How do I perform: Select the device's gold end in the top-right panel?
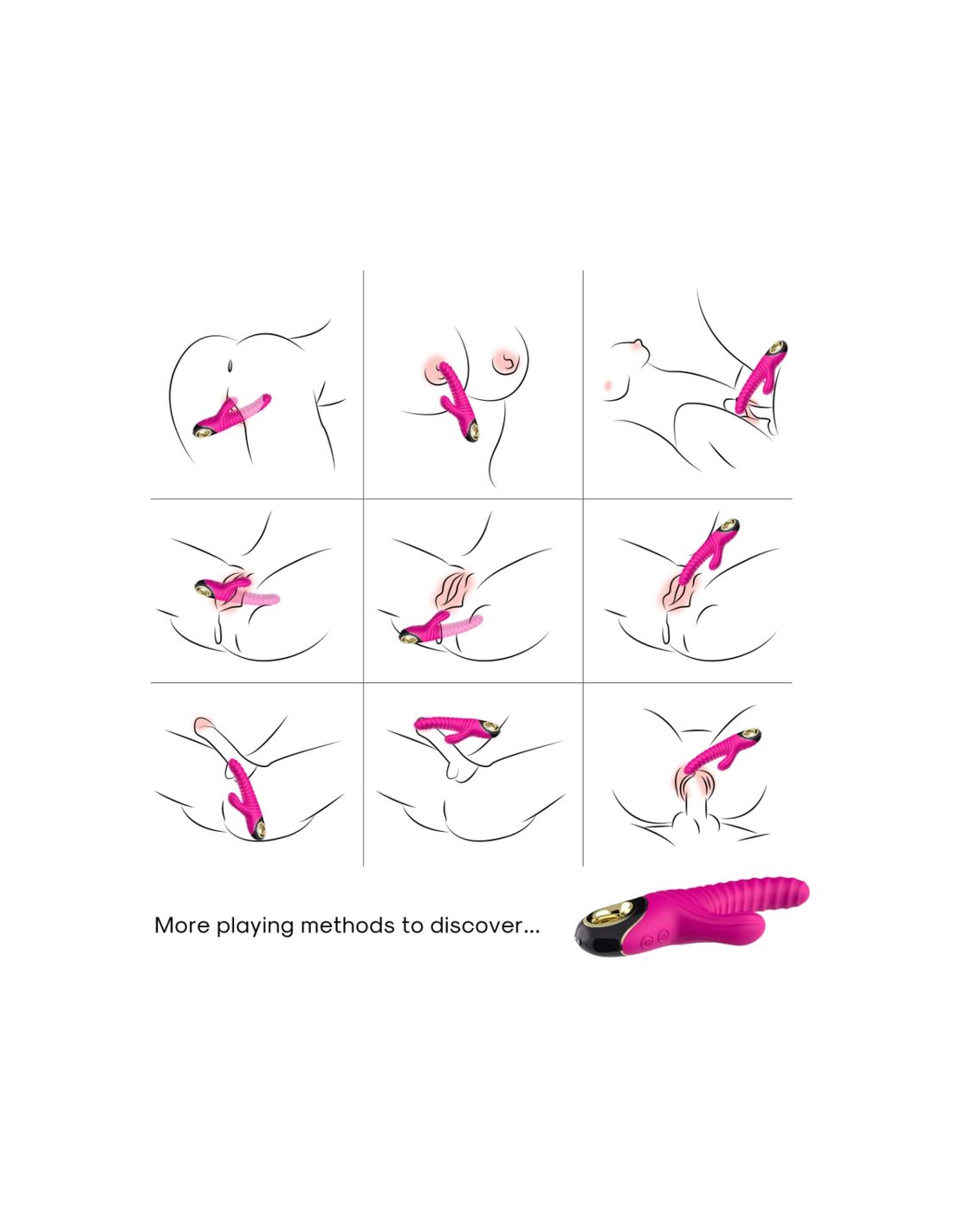(x=778, y=346)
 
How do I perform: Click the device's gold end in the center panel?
(x=409, y=637)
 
